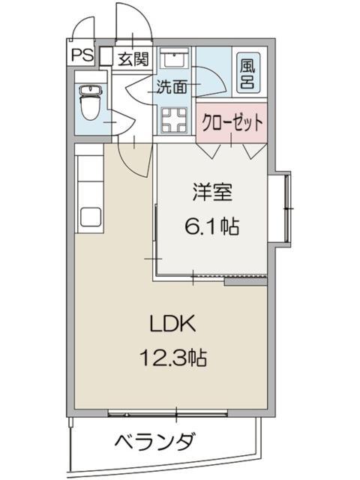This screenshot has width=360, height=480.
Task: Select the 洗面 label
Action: coord(172,86)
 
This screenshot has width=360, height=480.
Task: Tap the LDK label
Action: coord(174,325)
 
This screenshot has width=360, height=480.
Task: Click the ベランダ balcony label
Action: coord(154,442)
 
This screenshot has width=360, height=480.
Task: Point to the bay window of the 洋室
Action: coord(284,207)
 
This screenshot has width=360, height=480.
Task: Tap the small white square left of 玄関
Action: coord(106,57)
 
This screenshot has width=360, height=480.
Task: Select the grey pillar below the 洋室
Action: coord(244,282)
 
